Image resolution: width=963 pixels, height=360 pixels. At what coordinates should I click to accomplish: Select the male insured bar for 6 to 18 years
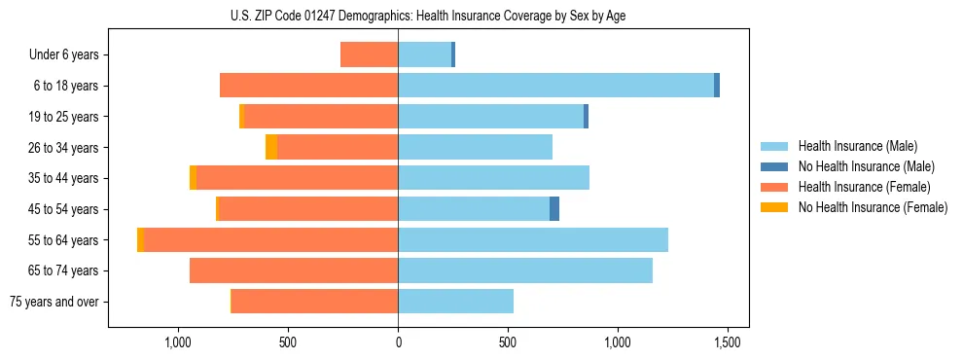click(555, 86)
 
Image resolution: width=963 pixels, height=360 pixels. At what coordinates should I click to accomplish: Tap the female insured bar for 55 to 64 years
click(270, 239)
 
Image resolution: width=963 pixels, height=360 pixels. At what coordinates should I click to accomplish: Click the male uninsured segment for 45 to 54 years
click(554, 209)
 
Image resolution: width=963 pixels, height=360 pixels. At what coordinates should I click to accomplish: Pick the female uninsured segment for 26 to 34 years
click(271, 147)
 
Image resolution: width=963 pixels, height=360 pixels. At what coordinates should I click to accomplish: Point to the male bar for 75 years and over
click(455, 302)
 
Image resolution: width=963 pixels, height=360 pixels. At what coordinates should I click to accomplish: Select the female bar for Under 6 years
click(370, 54)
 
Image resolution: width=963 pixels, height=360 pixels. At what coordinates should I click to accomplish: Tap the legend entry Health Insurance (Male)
click(857, 146)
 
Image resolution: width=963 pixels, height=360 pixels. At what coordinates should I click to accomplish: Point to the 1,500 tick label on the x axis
click(728, 342)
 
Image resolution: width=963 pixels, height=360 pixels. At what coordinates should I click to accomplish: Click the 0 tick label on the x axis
click(398, 342)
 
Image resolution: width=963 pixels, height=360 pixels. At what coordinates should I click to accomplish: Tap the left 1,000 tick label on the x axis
click(177, 342)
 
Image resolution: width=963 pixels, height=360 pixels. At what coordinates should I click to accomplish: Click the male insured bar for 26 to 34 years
click(475, 147)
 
